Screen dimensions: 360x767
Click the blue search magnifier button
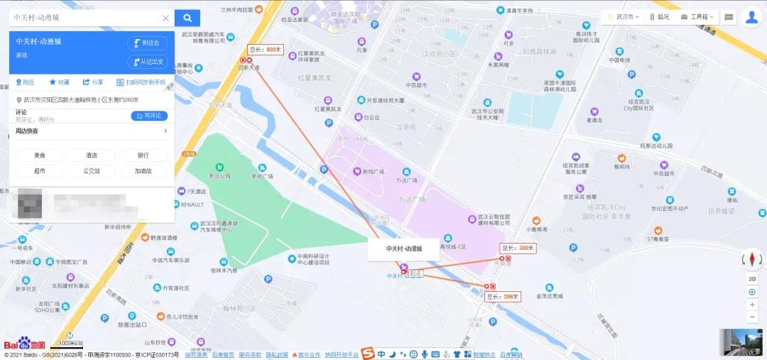[x=187, y=18]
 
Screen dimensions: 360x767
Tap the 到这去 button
[x=147, y=43]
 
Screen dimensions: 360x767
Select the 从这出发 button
[x=147, y=62]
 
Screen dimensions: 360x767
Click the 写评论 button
[x=149, y=116]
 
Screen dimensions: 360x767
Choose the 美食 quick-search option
[x=39, y=155]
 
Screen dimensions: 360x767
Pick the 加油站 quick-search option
[x=143, y=171]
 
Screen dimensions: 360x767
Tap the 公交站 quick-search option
[x=92, y=171]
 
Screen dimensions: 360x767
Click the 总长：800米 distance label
[x=266, y=50]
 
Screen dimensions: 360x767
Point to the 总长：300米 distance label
[x=517, y=248]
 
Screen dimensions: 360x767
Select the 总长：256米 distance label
[x=503, y=296]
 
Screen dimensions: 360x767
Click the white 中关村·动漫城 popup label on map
[x=403, y=249]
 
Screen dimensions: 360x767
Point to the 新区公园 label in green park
[x=219, y=175]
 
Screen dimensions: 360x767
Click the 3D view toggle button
[x=752, y=279]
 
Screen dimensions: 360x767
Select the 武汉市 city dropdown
[x=623, y=17]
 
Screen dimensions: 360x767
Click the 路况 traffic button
[x=660, y=17]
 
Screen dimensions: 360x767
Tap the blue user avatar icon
[x=751, y=18]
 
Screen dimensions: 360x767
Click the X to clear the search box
[x=165, y=18]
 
